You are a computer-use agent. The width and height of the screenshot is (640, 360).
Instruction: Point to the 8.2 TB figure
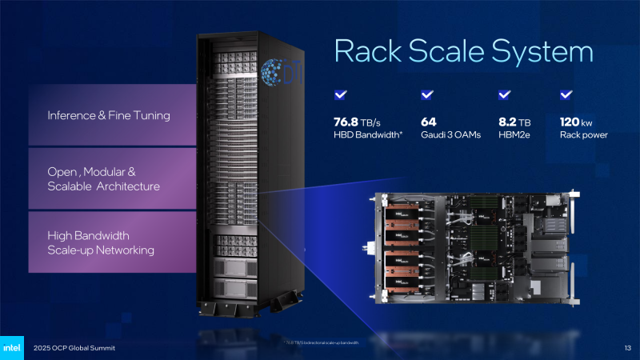511,122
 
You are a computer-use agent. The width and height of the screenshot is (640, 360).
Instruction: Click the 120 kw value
577,122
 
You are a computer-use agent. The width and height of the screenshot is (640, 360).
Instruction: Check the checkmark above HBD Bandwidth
340,95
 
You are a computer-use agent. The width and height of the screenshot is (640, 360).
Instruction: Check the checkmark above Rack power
566,95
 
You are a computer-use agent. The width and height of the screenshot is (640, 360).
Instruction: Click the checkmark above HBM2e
505,95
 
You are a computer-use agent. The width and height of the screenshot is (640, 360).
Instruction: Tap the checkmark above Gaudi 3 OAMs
426,95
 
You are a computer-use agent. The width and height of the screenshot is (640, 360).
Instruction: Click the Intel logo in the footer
13,347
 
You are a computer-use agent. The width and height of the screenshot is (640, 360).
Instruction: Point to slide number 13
626,347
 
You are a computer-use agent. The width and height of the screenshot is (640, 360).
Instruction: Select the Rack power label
583,134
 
